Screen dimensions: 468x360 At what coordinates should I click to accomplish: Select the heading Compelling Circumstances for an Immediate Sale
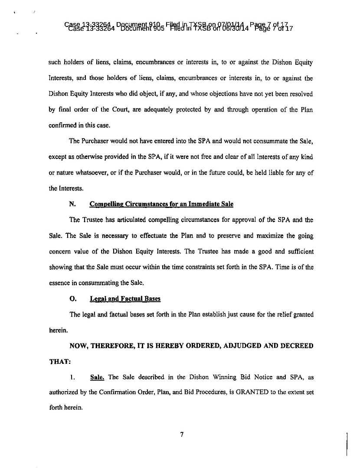click(161, 204)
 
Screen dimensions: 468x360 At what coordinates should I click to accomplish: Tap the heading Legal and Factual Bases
click(125, 299)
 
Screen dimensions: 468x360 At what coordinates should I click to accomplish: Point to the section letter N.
click(72, 204)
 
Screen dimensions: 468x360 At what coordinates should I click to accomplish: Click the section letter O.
click(72, 299)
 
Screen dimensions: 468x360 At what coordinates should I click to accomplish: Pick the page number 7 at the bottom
click(183, 435)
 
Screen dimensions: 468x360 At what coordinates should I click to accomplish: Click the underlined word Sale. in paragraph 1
click(97, 377)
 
